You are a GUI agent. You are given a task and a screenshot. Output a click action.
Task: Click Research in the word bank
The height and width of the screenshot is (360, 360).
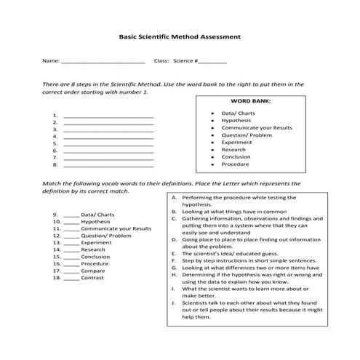[x=233, y=149]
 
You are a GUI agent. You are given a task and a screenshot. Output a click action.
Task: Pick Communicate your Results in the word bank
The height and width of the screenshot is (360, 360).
[x=257, y=127]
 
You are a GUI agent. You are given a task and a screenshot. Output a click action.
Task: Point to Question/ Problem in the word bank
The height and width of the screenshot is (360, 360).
[x=247, y=135]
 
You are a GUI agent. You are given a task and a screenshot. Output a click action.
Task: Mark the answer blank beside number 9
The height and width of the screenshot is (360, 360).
[x=71, y=215]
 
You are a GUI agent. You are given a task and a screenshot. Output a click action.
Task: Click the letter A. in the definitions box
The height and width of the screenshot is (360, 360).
[x=175, y=198]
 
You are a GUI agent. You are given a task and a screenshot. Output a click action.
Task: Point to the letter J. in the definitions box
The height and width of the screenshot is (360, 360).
[x=175, y=303]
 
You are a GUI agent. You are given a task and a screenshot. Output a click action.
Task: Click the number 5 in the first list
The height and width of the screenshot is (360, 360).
[x=55, y=143]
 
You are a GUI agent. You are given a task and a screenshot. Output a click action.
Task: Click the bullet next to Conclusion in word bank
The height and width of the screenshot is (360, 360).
[x=212, y=156]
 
